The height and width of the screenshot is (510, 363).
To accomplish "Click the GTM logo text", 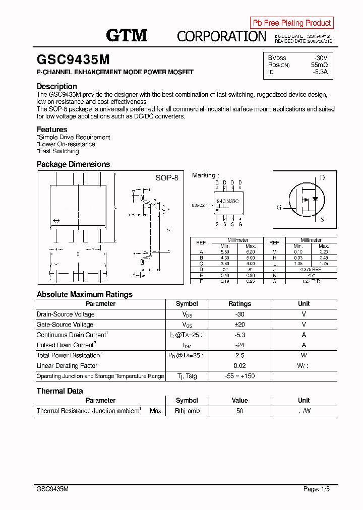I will [x=127, y=35].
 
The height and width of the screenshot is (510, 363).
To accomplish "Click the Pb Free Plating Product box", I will [x=291, y=23].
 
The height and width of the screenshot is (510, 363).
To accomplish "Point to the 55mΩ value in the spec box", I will [x=319, y=65].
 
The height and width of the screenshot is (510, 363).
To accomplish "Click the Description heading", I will [x=56, y=86].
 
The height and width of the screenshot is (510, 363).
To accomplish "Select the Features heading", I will [x=51, y=130].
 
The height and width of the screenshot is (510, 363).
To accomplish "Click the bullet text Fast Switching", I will [x=58, y=151].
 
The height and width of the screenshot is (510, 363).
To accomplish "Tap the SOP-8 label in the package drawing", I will [x=166, y=178].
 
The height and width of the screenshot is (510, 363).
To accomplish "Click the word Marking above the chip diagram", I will [x=204, y=175].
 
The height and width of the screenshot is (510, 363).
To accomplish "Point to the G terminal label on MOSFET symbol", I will [x=278, y=208].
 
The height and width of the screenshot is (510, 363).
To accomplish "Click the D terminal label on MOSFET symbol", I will [x=322, y=178].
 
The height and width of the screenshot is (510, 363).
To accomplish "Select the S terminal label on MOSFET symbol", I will [x=322, y=219].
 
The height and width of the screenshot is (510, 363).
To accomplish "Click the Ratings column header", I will [x=239, y=304].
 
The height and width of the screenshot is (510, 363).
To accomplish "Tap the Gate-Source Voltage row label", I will [x=65, y=325].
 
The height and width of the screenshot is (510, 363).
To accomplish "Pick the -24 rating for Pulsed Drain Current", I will [x=239, y=345].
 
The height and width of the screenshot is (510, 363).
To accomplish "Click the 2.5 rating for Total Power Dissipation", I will [x=239, y=355].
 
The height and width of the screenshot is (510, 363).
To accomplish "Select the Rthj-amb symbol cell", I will [x=187, y=411].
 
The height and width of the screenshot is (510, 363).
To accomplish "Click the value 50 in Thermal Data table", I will [x=239, y=411].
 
